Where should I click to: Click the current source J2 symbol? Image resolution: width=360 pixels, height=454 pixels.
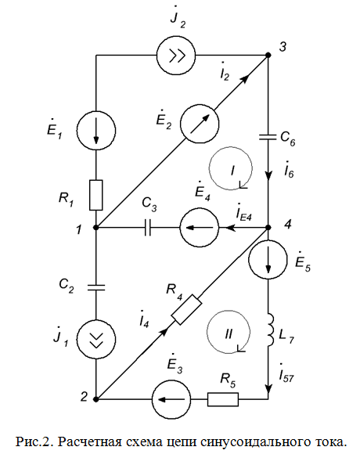pos(176,55)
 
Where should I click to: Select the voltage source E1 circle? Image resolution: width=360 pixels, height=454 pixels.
pos(96,130)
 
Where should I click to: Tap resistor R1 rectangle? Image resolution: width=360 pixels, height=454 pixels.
pos(96,195)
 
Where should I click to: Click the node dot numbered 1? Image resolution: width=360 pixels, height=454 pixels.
pos(96,228)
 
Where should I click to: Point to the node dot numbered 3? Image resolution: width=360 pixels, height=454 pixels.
pos(268,55)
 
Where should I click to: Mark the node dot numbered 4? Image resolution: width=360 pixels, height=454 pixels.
pos(268,227)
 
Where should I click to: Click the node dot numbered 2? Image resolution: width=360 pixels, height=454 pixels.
pos(96,399)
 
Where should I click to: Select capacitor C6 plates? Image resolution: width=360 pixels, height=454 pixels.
pos(268,137)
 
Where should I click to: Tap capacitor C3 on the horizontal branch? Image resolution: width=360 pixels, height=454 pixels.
pos(148,228)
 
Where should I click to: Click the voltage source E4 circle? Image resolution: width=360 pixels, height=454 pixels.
pos(200,228)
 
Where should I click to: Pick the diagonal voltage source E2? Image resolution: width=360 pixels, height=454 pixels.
pos(200,124)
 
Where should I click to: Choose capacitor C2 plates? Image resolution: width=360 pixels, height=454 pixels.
pos(96,287)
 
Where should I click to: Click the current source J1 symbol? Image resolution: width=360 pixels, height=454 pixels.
pos(96,340)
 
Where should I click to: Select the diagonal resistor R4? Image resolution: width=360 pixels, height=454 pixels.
pos(187,309)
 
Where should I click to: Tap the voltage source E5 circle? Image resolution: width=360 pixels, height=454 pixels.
pos(268,259)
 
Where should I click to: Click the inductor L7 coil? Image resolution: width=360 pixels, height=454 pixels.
pos(270,330)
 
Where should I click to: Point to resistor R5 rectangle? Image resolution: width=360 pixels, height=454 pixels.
pos(223,399)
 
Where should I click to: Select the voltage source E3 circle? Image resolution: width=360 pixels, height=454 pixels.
pos(171,399)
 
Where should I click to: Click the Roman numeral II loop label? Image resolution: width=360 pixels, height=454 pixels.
pos(229,334)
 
